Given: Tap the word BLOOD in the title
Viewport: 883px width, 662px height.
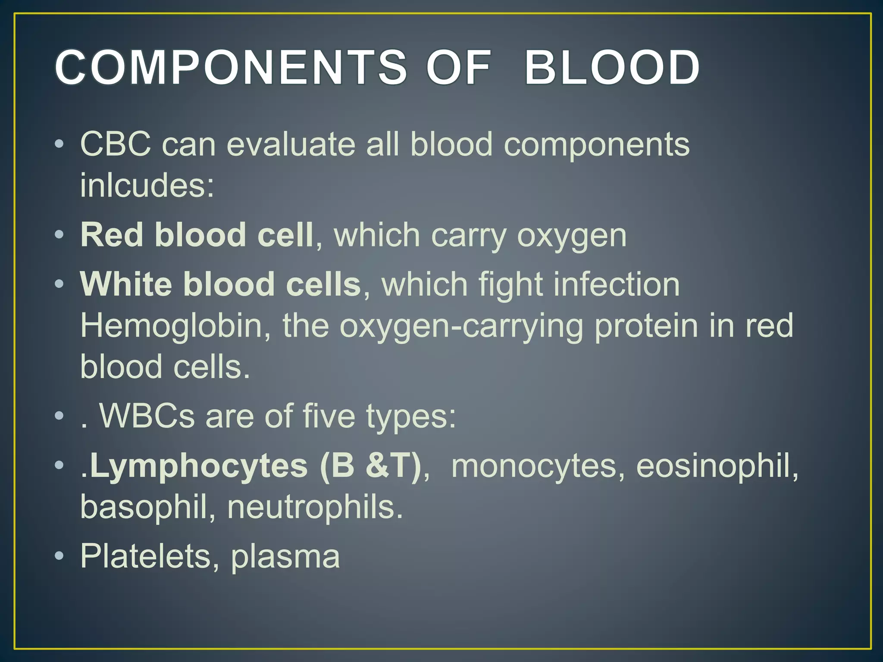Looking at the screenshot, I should click(x=612, y=68).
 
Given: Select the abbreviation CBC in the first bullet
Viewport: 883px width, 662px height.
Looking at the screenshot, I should click(x=116, y=144).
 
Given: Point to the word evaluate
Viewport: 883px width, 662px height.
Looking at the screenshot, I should click(x=291, y=144).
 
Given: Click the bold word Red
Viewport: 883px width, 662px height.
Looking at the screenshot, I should click(x=112, y=235).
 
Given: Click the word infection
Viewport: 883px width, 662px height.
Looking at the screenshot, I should click(x=617, y=284).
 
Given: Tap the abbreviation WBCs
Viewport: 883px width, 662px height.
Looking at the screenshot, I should click(x=147, y=416).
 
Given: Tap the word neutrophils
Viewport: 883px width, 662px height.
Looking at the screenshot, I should click(x=315, y=507).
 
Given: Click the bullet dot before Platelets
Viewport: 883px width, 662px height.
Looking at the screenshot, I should click(x=59, y=556).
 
